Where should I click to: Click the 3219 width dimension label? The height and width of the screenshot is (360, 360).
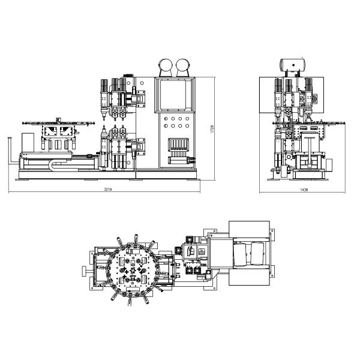(x=107, y=190)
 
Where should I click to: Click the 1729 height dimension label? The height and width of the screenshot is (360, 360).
(x=212, y=129)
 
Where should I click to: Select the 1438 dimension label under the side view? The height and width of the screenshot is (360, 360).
(x=304, y=190)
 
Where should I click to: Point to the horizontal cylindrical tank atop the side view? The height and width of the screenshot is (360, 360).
(x=293, y=65)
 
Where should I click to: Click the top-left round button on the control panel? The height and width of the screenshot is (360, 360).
(x=166, y=119)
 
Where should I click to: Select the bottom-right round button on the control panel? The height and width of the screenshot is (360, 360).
(x=187, y=126)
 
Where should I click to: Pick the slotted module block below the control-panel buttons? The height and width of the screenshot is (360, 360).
(x=178, y=145)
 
